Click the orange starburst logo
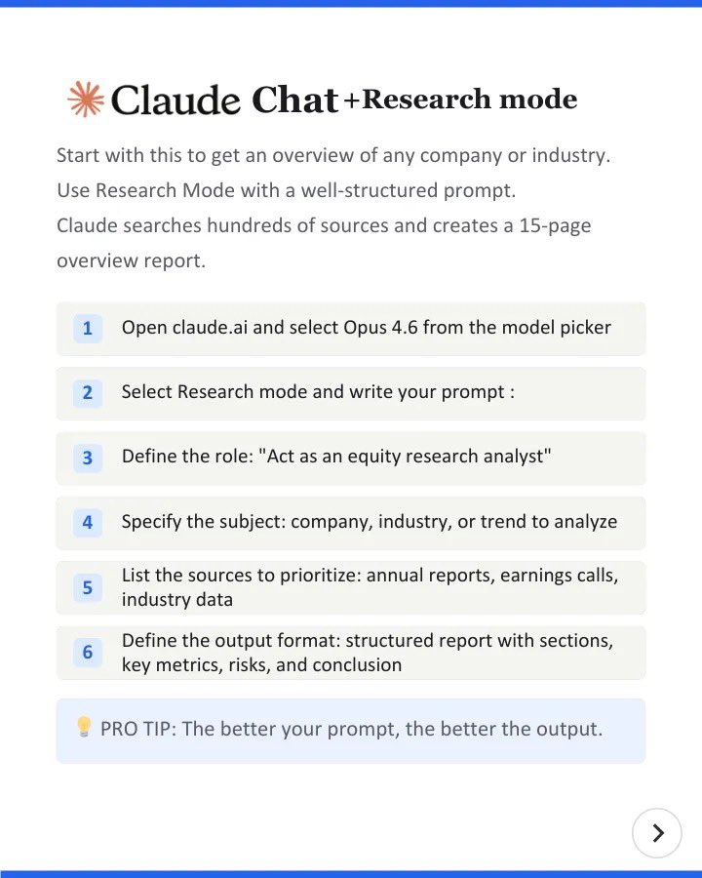(x=85, y=100)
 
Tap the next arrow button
(x=657, y=832)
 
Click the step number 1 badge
(x=87, y=328)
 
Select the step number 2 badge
(x=87, y=392)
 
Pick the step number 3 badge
(x=87, y=457)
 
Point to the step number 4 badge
(x=87, y=522)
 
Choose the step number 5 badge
(x=87, y=587)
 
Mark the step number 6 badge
(x=87, y=652)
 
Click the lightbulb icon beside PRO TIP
(x=84, y=727)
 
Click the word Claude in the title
(x=176, y=100)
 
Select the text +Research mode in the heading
(x=459, y=100)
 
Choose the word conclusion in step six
(x=356, y=665)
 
